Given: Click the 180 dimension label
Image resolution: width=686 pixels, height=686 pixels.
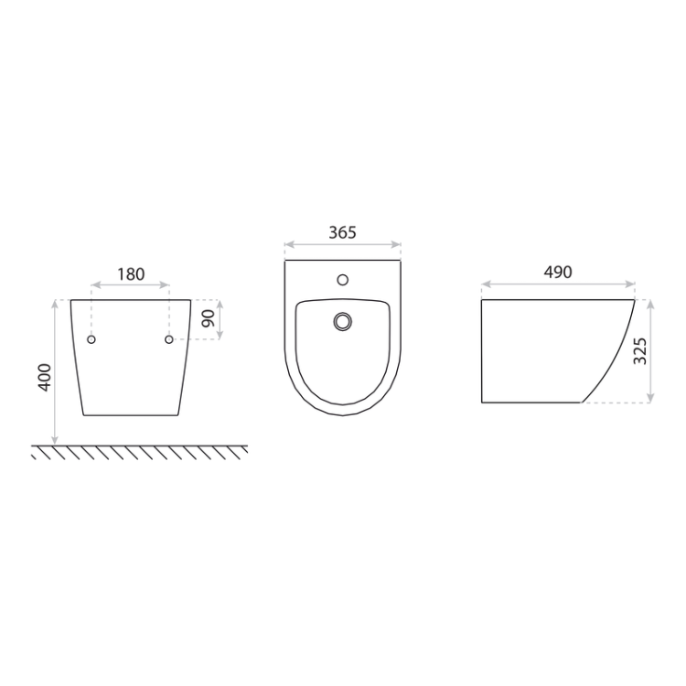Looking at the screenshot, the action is point(131,274).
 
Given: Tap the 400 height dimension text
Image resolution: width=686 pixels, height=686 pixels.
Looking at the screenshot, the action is point(45,377).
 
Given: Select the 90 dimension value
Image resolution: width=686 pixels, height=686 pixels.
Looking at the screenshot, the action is point(209,318).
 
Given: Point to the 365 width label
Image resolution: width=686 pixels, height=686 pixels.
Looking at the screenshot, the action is point(343,232).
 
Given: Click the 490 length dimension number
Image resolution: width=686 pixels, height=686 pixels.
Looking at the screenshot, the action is point(558,273).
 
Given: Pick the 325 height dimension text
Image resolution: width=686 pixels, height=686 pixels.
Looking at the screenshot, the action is point(639,351).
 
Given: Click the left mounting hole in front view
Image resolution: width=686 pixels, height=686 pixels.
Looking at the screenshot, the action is point(91,339).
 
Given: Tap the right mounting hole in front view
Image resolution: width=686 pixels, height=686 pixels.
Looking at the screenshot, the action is point(169,339).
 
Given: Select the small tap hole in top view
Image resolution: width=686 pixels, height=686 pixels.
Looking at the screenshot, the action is point(343,280).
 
